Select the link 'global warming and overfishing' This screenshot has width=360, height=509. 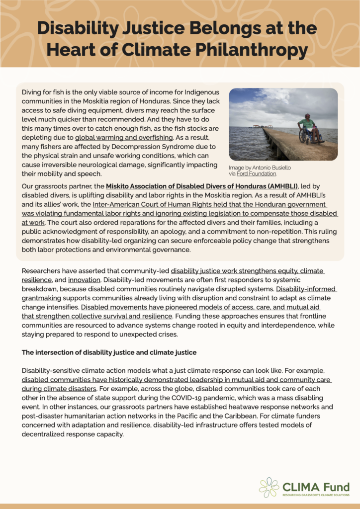coord(124,137)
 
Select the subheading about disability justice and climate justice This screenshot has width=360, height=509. coord(109,352)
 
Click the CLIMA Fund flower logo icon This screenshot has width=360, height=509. coord(269,487)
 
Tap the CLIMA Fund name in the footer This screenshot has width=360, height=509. coord(316,486)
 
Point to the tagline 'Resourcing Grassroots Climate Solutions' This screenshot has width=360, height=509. coord(316,495)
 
